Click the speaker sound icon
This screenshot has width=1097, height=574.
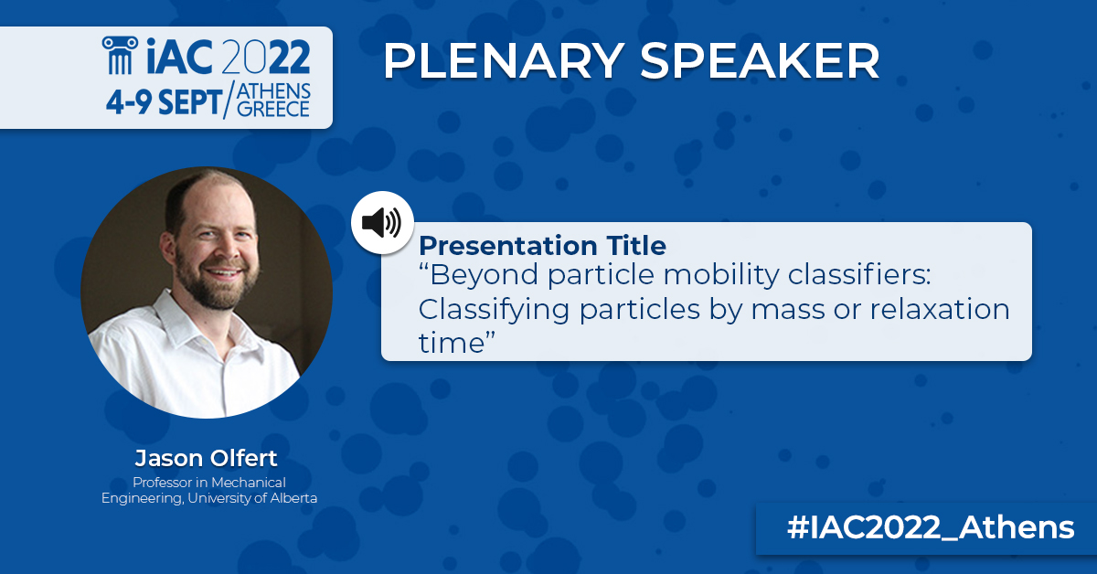pyautogui.click(x=381, y=222)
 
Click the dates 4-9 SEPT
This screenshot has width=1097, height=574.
pyautogui.click(x=162, y=102)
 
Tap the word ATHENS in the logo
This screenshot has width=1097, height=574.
pyautogui.click(x=273, y=91)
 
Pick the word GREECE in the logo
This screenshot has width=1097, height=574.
pyautogui.click(x=273, y=110)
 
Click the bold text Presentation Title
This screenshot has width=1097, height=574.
pyautogui.click(x=542, y=246)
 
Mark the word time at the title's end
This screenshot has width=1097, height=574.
pyautogui.click(x=452, y=343)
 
